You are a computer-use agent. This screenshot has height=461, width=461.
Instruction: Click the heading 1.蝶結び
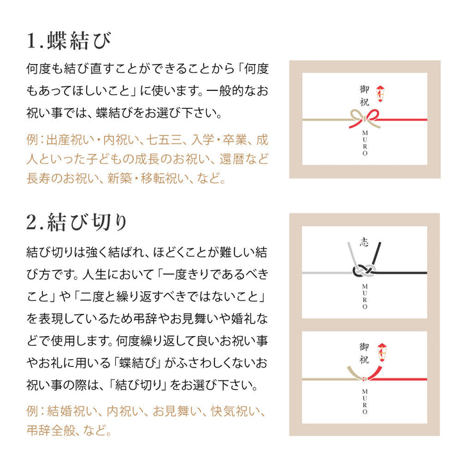click(69, 40)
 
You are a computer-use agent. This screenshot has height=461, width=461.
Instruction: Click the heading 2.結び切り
click(76, 222)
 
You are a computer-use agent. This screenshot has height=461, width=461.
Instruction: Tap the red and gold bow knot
click(365, 119)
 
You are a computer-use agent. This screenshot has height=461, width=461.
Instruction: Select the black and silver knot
click(364, 270)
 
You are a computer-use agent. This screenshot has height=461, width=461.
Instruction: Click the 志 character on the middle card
click(364, 242)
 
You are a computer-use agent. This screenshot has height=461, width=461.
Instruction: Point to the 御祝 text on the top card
click(364, 96)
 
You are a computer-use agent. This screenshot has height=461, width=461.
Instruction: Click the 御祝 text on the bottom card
click(364, 353)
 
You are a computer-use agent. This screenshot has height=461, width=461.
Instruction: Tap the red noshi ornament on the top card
click(380, 93)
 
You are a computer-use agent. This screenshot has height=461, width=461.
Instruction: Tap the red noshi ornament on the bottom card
click(382, 352)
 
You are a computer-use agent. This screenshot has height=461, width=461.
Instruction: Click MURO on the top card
click(365, 143)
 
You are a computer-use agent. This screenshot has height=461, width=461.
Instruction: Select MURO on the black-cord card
click(364, 296)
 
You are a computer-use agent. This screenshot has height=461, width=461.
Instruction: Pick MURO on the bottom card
click(364, 401)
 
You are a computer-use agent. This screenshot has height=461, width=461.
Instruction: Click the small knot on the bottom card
click(364, 378)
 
